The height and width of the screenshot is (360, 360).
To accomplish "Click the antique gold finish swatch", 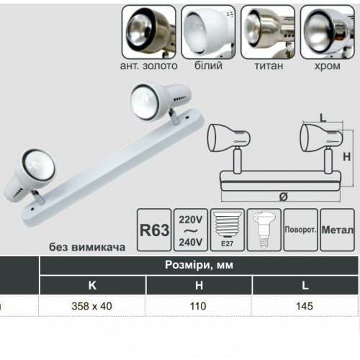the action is [x=149, y=32].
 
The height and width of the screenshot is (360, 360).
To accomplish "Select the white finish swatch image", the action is [x=208, y=32].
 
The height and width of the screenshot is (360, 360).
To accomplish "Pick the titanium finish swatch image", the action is [x=268, y=32].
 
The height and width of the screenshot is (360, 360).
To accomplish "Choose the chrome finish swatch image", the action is [x=328, y=32].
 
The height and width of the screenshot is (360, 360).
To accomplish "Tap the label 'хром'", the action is [x=328, y=66].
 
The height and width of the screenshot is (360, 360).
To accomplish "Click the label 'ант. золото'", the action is [x=149, y=66].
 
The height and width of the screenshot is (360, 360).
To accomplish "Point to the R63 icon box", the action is [x=154, y=230].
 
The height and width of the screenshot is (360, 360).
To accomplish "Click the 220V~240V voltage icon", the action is [x=191, y=230].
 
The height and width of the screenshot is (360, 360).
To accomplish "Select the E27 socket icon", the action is [x=228, y=230].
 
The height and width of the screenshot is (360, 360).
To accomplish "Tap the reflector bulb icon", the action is [x=264, y=230].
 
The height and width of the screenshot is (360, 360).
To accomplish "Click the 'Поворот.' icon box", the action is [x=301, y=230].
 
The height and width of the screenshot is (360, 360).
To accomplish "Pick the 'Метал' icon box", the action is [x=338, y=230].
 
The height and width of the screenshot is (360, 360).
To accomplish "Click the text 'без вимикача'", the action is [x=87, y=247].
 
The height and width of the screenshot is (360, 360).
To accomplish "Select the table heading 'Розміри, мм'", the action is [x=199, y=265].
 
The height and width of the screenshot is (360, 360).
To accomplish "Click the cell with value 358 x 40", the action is [x=92, y=306].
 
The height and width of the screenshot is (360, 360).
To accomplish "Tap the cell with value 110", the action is [x=198, y=306].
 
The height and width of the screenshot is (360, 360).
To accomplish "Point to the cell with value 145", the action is [x=305, y=306].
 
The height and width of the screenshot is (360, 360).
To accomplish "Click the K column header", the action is [x=92, y=285].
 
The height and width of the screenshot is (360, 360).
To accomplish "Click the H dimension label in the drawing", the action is [x=347, y=157].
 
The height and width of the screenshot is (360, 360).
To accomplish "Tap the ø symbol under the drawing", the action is [x=284, y=197].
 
